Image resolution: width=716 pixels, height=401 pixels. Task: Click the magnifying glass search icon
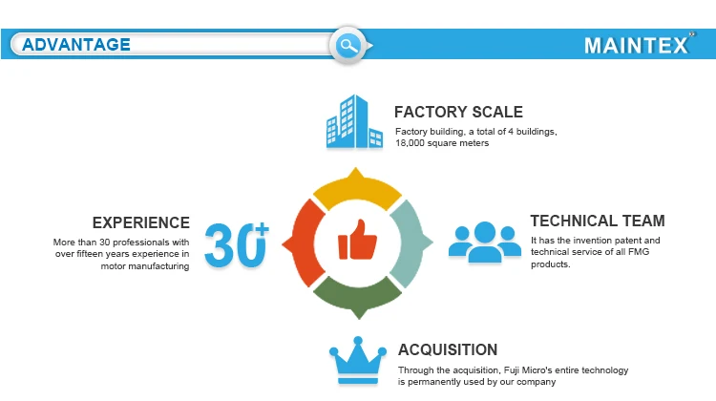(x=347, y=45)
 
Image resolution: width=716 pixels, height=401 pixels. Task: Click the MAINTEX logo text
(x=637, y=45)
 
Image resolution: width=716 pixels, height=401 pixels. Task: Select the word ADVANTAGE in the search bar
(x=76, y=45)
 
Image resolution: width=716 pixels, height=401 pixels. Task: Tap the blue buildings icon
(x=354, y=121)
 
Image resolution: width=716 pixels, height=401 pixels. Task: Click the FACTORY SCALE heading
(x=458, y=112)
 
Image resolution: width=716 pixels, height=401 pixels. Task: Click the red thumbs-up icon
(x=358, y=240)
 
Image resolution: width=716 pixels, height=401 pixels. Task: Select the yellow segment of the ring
(x=357, y=188)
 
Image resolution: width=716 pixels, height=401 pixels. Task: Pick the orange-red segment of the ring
(x=304, y=243)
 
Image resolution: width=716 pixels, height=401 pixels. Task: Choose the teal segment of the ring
(x=411, y=243)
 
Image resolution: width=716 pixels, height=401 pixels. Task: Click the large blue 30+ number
(x=237, y=244)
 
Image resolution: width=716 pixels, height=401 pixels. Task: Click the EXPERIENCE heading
(x=141, y=222)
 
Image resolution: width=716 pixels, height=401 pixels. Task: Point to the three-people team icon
(x=484, y=243)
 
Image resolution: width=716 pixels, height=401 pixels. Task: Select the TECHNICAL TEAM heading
(x=598, y=221)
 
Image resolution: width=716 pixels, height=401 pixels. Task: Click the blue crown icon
(x=358, y=362)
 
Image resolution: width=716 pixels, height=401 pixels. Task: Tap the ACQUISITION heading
(x=448, y=349)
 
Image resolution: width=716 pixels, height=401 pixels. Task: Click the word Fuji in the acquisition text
(x=512, y=370)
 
